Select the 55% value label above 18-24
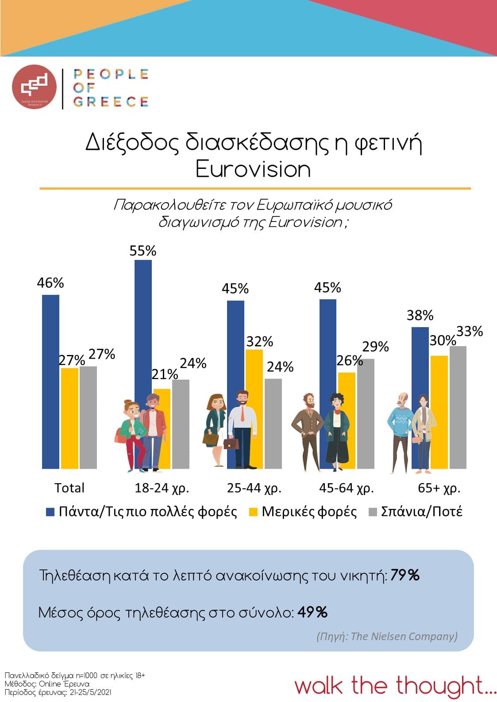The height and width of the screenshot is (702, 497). pos(143,251)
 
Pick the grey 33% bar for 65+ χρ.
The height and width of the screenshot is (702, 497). pos(458,407)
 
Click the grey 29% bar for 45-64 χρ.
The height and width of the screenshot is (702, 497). pos(366,413)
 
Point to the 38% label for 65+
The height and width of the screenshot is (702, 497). pos(420,316)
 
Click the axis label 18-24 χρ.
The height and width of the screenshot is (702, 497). pos(162,488)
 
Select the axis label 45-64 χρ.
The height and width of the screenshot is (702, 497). pos(346,488)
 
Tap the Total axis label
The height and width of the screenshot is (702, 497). pos(69,488)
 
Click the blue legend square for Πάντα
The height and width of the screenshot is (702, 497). pos(50,512)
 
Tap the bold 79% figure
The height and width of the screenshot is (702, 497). pos(405,575)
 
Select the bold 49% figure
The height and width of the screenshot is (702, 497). pos(312,612)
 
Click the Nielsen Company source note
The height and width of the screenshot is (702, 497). pos(387,636)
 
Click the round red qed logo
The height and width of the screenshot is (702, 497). pos(35,87)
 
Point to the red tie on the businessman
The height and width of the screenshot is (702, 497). pos(242,413)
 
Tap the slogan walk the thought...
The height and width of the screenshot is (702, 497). pos(395,686)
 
